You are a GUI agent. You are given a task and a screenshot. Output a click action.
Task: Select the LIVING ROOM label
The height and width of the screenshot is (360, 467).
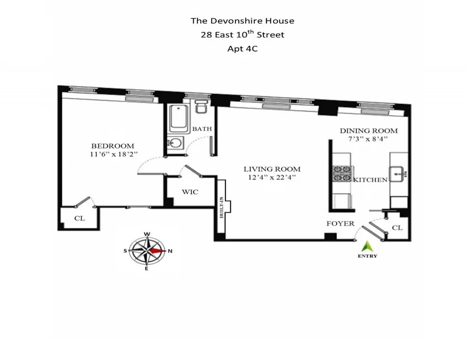(x=271, y=170)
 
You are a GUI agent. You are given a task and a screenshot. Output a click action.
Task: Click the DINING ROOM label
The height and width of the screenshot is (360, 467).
(x=368, y=131)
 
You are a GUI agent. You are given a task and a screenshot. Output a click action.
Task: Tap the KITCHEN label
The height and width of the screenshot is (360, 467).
(x=370, y=180)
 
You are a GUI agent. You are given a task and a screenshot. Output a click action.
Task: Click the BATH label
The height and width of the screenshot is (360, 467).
(x=202, y=129)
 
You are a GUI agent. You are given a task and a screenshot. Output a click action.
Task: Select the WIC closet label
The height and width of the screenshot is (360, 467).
(x=190, y=192)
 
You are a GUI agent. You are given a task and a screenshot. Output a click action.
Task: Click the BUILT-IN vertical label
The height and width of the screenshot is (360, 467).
(x=222, y=208)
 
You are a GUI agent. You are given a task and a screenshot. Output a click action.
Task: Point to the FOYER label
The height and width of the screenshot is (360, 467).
(x=340, y=224)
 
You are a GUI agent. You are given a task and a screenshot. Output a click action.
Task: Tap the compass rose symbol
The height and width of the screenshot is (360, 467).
(x=147, y=251)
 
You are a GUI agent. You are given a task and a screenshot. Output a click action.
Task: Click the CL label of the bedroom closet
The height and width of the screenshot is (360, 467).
(x=79, y=218)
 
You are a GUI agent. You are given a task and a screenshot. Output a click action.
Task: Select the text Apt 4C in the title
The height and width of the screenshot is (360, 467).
(x=242, y=48)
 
